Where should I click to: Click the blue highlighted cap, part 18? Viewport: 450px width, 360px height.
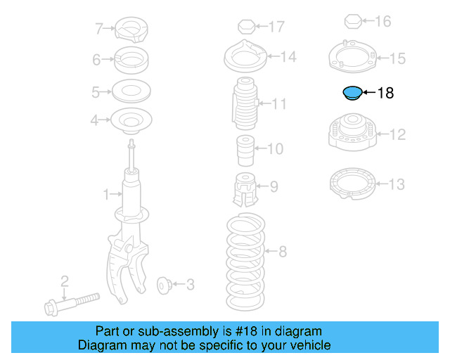[352, 93]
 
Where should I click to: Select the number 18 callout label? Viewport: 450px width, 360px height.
[386, 93]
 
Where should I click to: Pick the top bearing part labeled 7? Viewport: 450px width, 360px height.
[131, 30]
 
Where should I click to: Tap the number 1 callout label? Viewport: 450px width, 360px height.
[106, 193]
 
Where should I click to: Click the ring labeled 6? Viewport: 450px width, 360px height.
[131, 60]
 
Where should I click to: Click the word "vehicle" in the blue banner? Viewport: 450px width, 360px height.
[307, 345]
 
